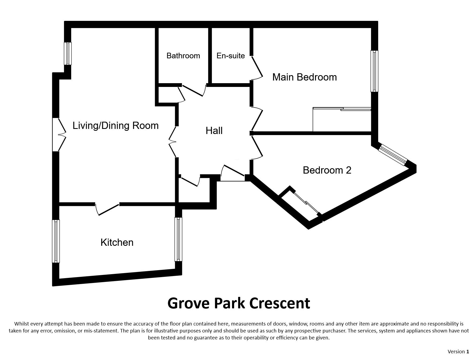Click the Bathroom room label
click(x=183, y=56)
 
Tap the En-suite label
click(x=230, y=56)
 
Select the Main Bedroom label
click(x=304, y=77)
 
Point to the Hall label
click(x=214, y=131)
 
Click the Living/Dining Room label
click(x=116, y=125)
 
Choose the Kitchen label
click(x=117, y=242)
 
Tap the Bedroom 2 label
click(x=327, y=170)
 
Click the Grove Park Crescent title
click(x=239, y=303)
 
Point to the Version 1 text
click(x=458, y=351)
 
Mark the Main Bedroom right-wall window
click(x=374, y=71)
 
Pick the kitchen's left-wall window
click(x=56, y=241)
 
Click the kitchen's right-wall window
click(x=178, y=239)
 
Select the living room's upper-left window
click(x=68, y=53)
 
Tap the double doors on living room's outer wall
click(x=59, y=135)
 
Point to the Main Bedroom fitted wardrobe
click(x=342, y=120)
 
